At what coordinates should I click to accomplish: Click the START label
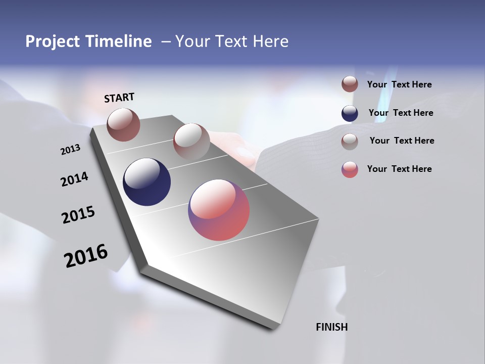[x=119, y=98]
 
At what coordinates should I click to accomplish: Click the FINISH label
[x=331, y=327]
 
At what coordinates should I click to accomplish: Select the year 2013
[x=70, y=150]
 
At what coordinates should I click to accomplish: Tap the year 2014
[x=74, y=179]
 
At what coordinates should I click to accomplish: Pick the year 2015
[x=78, y=215]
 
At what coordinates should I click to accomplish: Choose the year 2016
[x=86, y=256]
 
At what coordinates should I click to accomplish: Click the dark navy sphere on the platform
[x=147, y=182]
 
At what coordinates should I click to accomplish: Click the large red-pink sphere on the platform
[x=219, y=210]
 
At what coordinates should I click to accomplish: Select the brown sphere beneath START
[x=123, y=124]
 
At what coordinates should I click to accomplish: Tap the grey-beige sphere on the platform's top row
[x=191, y=142]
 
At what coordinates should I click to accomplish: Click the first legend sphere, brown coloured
[x=350, y=84]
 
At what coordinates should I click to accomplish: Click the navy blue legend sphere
[x=350, y=113]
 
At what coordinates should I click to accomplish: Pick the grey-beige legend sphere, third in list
[x=350, y=141]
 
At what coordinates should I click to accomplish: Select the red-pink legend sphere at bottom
[x=350, y=169]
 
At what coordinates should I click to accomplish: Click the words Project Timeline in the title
[x=88, y=41]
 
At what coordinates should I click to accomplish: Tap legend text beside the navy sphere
[x=401, y=113]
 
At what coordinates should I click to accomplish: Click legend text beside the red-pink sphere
[x=399, y=169]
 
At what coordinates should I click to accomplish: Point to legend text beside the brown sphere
[x=399, y=84]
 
